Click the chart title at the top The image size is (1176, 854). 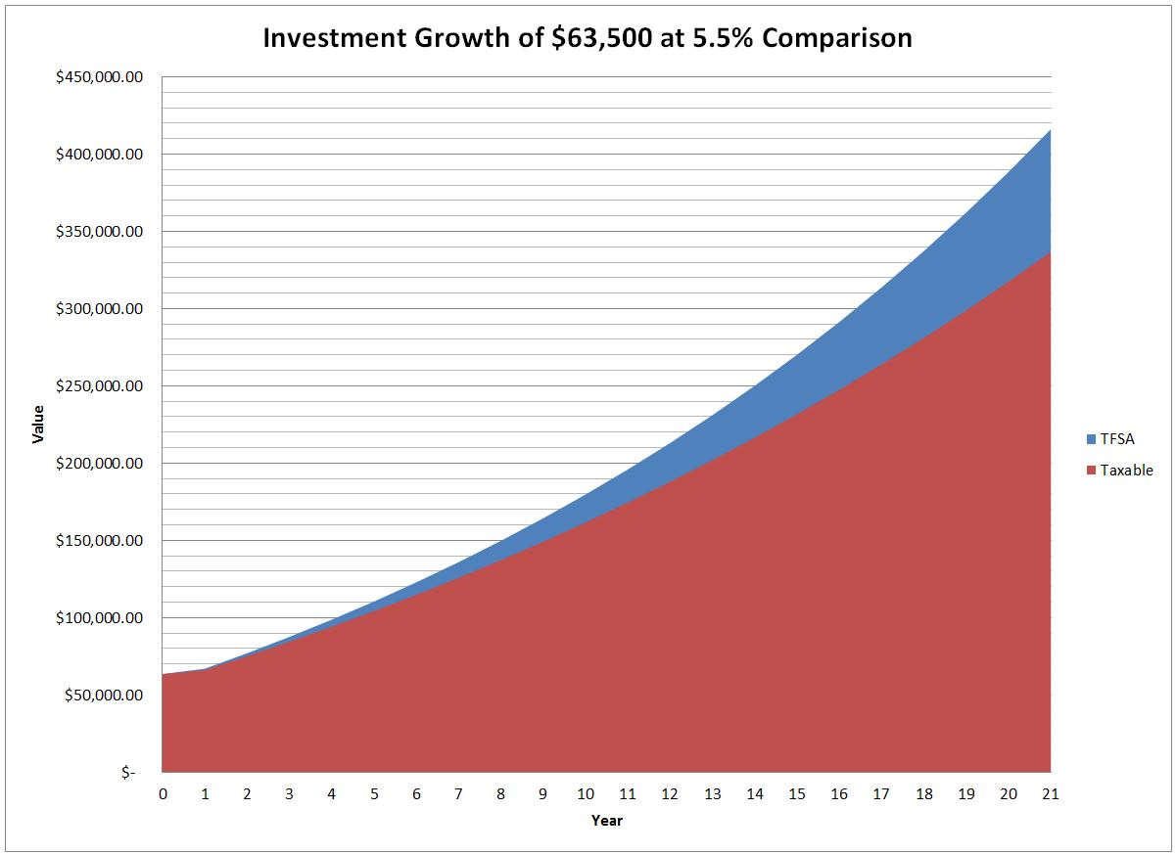pyautogui.click(x=588, y=38)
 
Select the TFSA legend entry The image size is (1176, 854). pyautogui.click(x=1116, y=439)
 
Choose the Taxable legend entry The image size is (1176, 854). pyautogui.click(x=1126, y=471)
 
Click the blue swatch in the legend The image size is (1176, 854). pyautogui.click(x=1091, y=439)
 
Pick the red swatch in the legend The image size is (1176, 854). pyautogui.click(x=1091, y=471)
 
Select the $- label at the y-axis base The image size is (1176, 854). pyautogui.click(x=128, y=773)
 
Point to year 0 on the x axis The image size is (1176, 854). pyautogui.click(x=163, y=794)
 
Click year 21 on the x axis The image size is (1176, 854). pyautogui.click(x=1051, y=794)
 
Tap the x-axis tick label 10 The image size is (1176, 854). pyautogui.click(x=586, y=794)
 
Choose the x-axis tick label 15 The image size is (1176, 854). pyautogui.click(x=797, y=794)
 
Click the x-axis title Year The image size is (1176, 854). pyautogui.click(x=606, y=821)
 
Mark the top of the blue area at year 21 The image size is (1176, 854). pyautogui.click(x=1050, y=130)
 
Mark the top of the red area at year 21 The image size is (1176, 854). pyautogui.click(x=1050, y=252)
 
